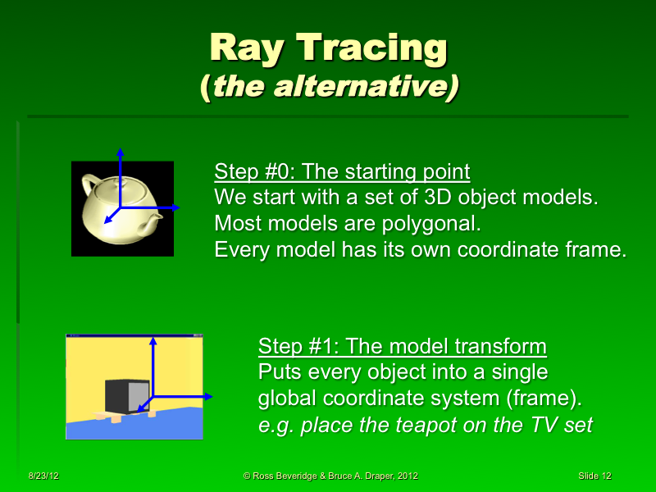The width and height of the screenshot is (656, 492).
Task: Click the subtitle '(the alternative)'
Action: (328, 86)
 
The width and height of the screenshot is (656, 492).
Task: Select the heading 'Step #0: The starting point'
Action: (342, 172)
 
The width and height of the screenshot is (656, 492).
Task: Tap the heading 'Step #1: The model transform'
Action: (402, 346)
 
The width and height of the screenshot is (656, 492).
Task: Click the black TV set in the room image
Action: (127, 397)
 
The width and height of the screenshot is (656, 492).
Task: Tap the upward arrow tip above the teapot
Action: (120, 152)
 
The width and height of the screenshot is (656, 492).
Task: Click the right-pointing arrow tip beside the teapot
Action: (176, 207)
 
